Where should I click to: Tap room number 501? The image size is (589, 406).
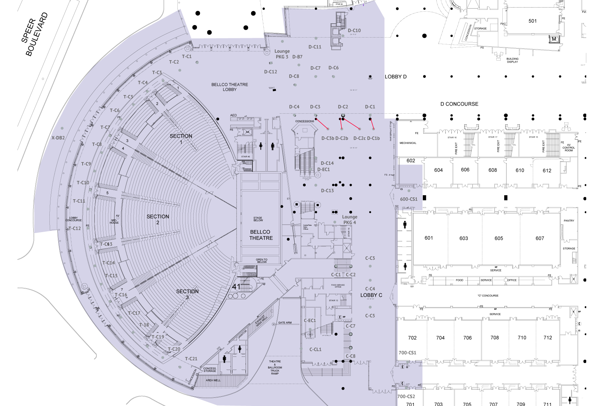[x=532, y=21]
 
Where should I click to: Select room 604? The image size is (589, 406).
[x=438, y=170]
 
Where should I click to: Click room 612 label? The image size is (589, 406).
[x=547, y=171]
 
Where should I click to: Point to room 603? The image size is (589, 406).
[x=463, y=238]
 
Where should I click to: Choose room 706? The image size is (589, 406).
[x=467, y=338]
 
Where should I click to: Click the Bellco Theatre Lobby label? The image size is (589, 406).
[x=230, y=87]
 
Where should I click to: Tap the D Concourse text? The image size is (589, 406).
[x=459, y=104]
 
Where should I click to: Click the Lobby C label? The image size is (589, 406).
[x=371, y=295]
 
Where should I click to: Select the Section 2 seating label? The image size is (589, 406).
[x=158, y=219]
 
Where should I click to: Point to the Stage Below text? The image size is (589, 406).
[x=258, y=219]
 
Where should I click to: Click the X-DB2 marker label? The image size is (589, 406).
[x=58, y=138]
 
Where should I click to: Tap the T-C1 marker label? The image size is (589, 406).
[x=187, y=57]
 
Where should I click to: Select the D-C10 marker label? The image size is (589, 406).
[x=354, y=30]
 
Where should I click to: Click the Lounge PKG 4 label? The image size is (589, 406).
[x=350, y=220]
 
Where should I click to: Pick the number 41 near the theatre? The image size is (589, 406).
[x=236, y=287]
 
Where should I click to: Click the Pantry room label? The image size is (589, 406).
[x=569, y=221]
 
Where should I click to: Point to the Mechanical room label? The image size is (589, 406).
[x=408, y=143]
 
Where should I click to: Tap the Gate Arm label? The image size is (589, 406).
[x=285, y=322]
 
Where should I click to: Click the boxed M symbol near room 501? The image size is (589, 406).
[x=554, y=39]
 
